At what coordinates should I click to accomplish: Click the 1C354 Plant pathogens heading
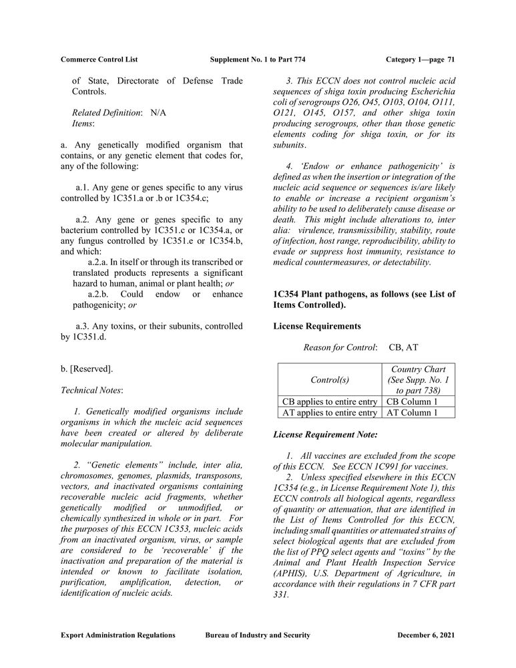364,300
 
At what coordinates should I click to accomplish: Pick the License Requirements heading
317,326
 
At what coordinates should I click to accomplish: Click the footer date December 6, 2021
426,635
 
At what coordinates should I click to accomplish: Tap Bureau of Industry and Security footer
258,635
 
